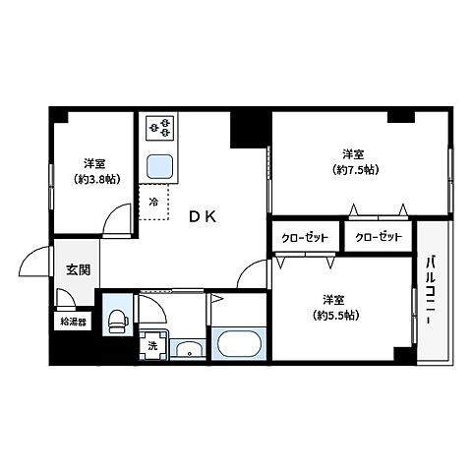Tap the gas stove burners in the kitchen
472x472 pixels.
[x=158, y=128]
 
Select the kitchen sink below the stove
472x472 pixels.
[x=157, y=164]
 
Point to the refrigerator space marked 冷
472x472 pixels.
[x=152, y=202]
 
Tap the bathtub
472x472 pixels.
[x=237, y=344]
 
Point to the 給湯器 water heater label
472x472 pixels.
[x=74, y=322]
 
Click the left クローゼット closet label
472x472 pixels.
[x=305, y=238]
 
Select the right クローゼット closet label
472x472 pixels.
[x=378, y=238]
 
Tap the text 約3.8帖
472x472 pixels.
[x=94, y=179]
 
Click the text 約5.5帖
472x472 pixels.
[x=336, y=315]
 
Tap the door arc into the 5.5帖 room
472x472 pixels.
[x=254, y=273]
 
